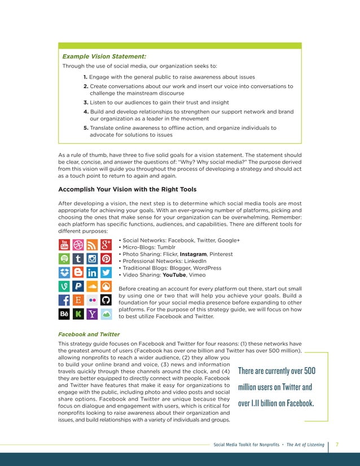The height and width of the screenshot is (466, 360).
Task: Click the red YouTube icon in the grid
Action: (x=64, y=245)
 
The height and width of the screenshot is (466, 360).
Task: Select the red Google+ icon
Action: (x=105, y=245)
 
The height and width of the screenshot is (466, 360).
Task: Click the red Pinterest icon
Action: (x=105, y=259)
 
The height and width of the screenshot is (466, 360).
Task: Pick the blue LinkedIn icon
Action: (x=91, y=273)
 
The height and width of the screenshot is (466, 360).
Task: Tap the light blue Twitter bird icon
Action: (x=105, y=273)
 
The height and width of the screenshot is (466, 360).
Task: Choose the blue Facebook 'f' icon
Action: (x=64, y=300)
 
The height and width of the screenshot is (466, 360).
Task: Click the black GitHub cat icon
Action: (x=105, y=300)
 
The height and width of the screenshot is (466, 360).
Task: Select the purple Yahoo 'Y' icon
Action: (x=91, y=314)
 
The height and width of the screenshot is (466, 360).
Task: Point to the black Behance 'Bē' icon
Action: (x=64, y=314)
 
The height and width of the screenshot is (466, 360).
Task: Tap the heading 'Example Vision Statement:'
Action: (x=104, y=56)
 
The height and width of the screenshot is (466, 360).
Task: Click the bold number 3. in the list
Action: (x=86, y=103)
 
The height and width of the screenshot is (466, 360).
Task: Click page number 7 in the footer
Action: (x=337, y=445)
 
